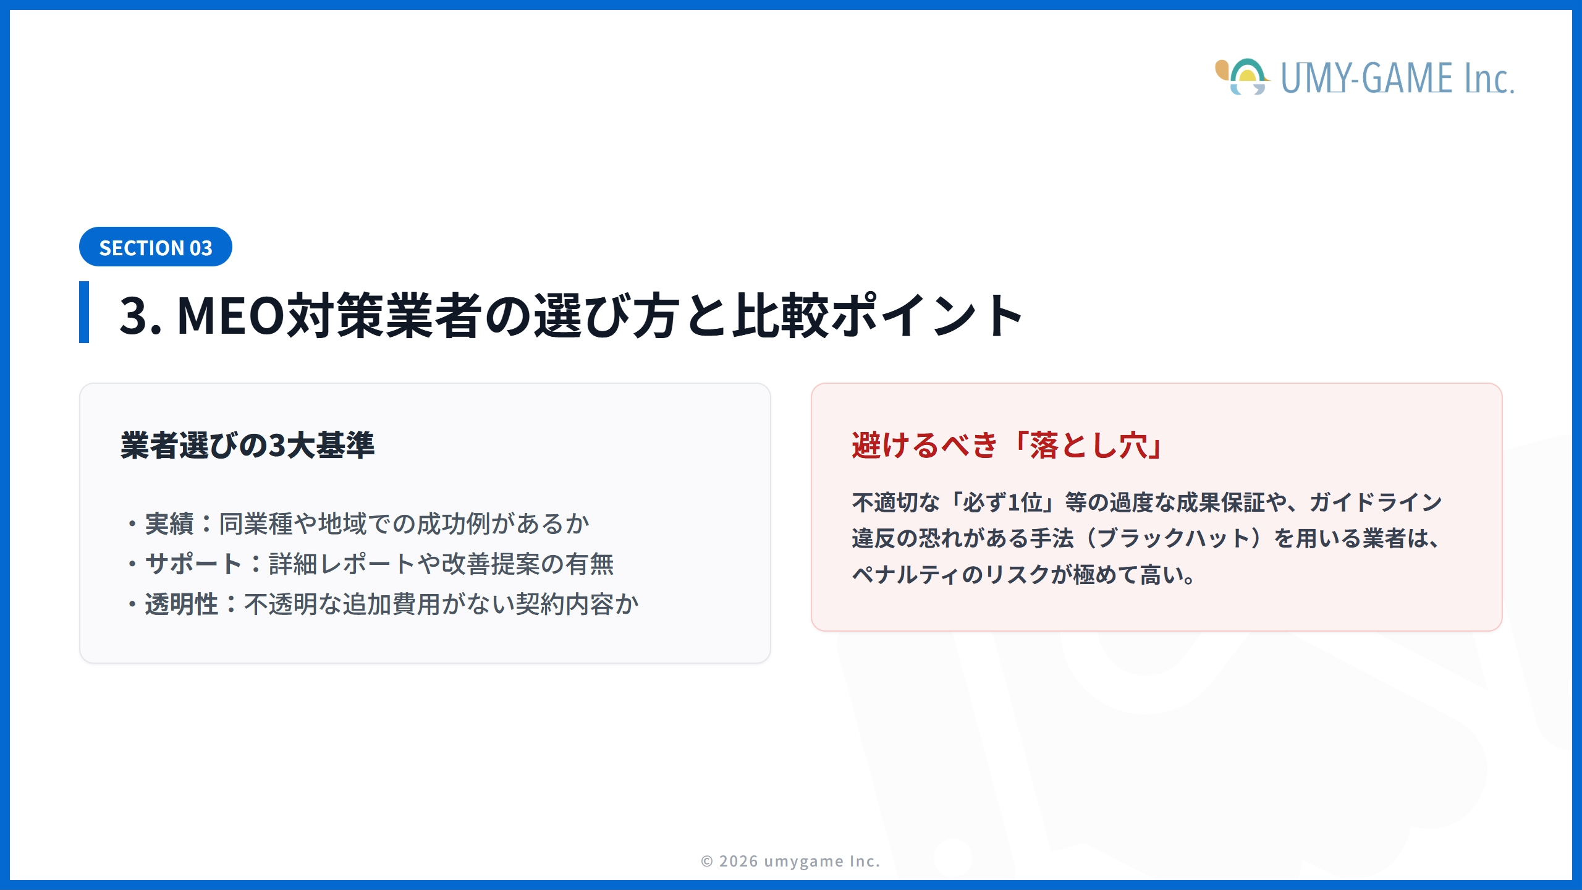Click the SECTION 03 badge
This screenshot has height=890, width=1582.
click(x=155, y=247)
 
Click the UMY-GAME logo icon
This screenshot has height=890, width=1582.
click(x=1242, y=77)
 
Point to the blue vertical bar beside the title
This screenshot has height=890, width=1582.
click(x=84, y=312)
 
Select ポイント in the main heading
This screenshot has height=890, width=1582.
click(x=926, y=316)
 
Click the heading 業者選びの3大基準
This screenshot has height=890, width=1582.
click(x=247, y=445)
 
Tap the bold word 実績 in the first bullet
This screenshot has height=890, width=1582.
click(x=169, y=523)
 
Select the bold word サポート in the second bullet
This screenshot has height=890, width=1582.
click(x=193, y=564)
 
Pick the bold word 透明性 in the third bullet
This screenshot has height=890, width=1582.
click(x=182, y=604)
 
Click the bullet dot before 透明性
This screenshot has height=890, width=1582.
click(x=132, y=604)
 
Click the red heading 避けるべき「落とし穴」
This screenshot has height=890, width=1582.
click(x=1007, y=445)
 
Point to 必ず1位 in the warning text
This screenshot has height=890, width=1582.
click(x=1002, y=502)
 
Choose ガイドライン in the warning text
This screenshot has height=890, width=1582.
click(x=1376, y=502)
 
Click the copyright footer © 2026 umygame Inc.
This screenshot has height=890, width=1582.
click(x=790, y=861)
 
